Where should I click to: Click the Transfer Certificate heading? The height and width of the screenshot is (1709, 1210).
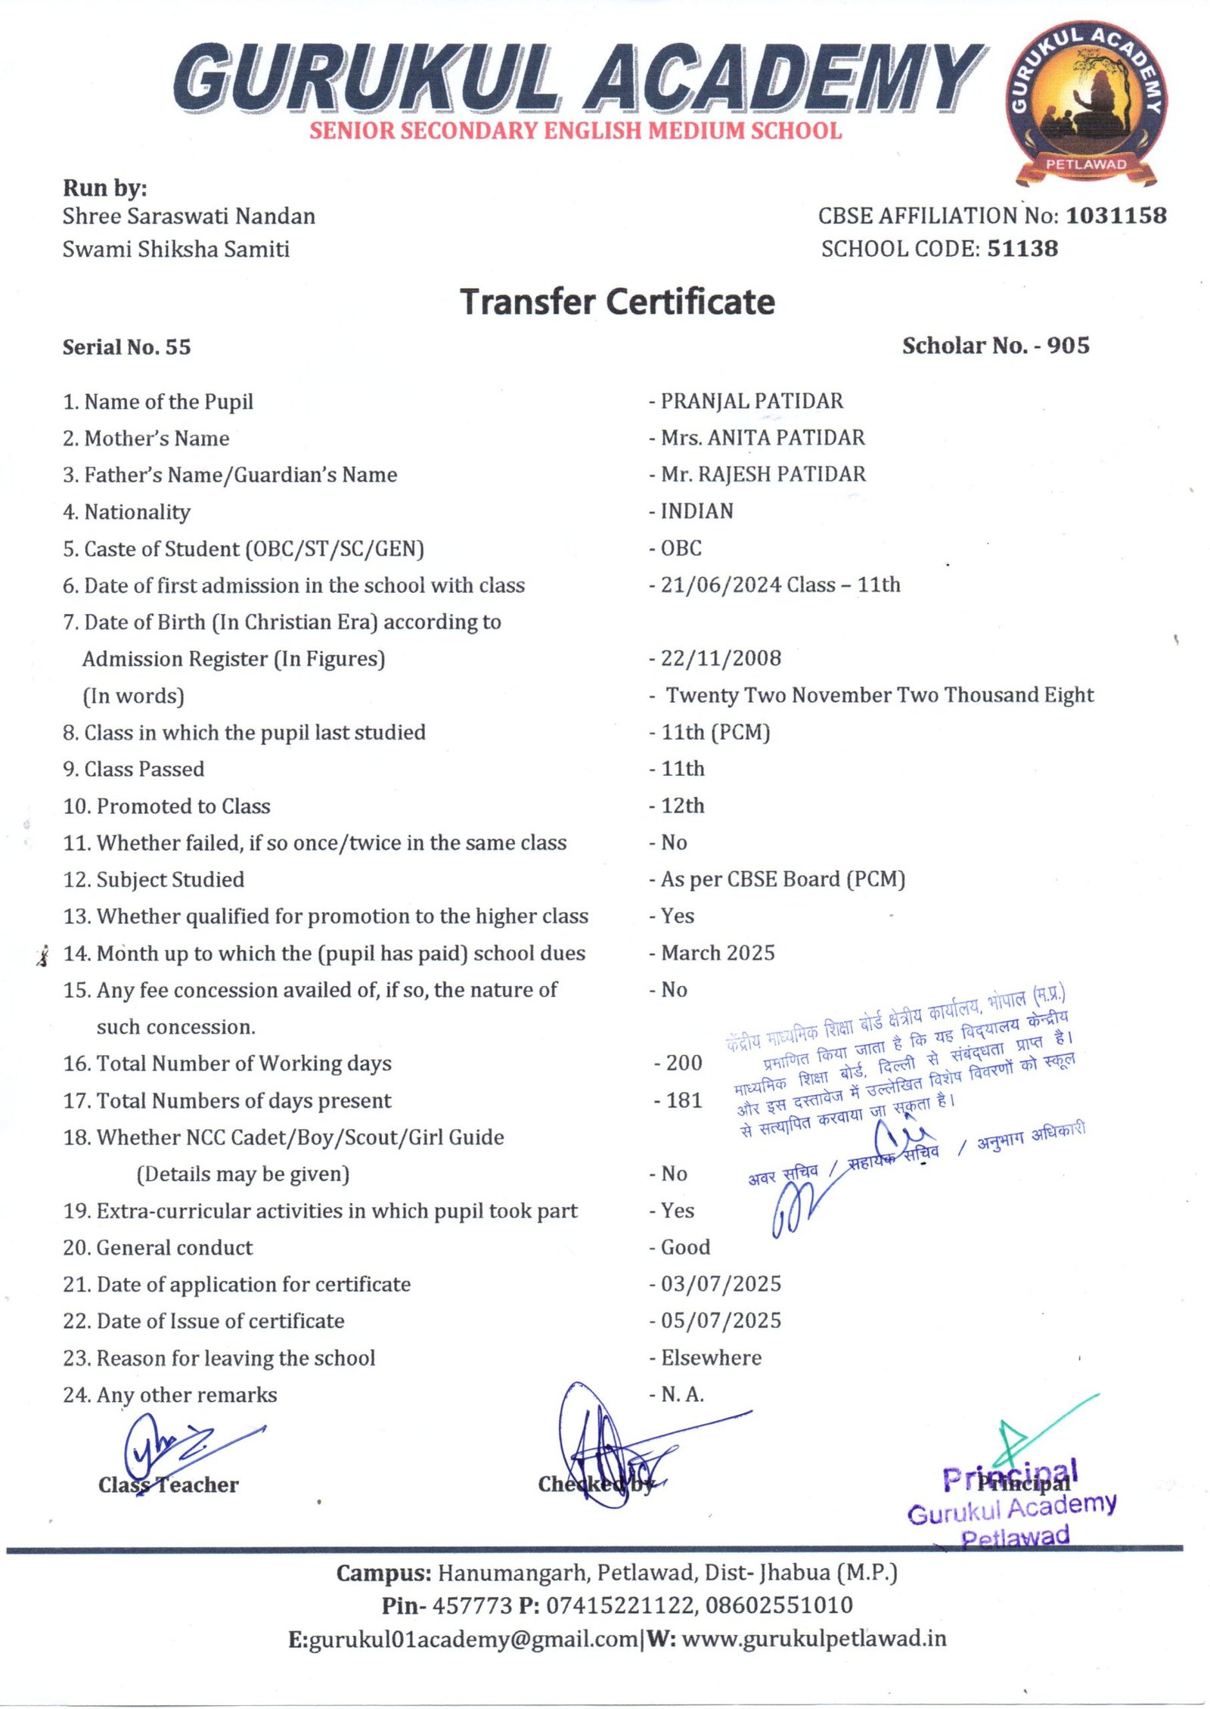pyautogui.click(x=617, y=302)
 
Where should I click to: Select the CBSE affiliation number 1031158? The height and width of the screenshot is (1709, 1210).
pyautogui.click(x=1115, y=216)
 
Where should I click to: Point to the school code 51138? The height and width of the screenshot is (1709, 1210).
pyautogui.click(x=1022, y=249)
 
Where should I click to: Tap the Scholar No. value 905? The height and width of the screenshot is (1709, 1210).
pyautogui.click(x=1068, y=346)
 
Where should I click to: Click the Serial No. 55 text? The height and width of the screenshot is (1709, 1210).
pyautogui.click(x=126, y=347)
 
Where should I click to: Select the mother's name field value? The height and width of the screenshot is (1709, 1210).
pyautogui.click(x=762, y=438)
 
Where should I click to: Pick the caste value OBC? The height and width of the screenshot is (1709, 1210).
pyautogui.click(x=681, y=548)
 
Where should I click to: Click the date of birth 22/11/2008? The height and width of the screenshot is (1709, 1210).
pyautogui.click(x=720, y=658)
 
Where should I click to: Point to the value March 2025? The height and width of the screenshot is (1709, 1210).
pyautogui.click(x=717, y=953)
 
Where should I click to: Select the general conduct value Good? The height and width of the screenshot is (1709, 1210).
pyautogui.click(x=685, y=1247)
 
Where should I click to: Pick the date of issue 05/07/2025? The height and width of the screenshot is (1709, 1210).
pyautogui.click(x=720, y=1321)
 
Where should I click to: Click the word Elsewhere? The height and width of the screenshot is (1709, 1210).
pyautogui.click(x=711, y=1358)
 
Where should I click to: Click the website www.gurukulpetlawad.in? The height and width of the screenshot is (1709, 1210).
pyautogui.click(x=814, y=1639)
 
